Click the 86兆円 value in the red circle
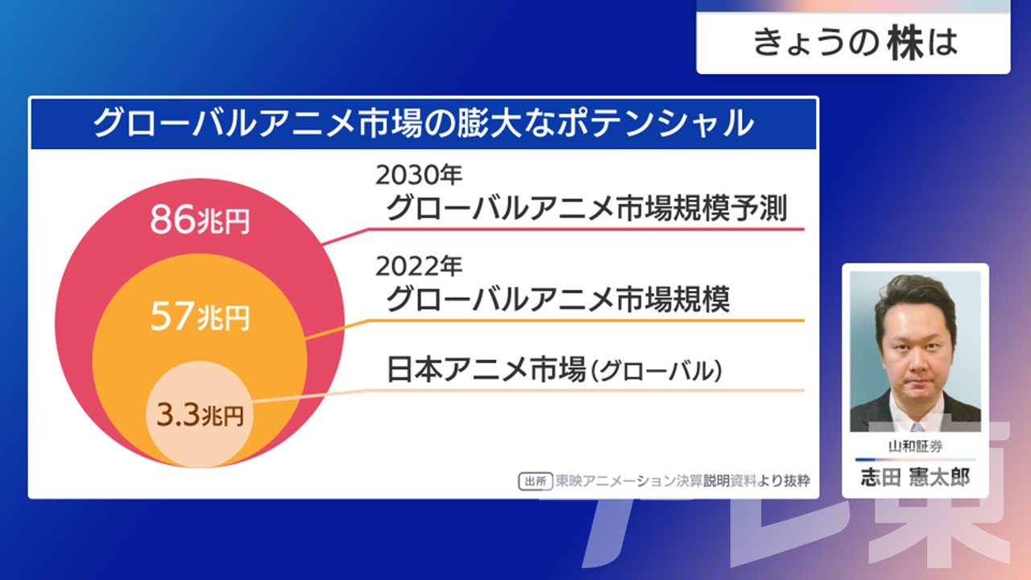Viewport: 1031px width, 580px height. (x=200, y=220)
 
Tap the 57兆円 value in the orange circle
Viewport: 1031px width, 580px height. (x=200, y=317)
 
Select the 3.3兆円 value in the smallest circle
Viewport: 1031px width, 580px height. (x=200, y=415)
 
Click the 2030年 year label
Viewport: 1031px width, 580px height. (x=418, y=175)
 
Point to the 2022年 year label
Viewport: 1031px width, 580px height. (x=418, y=266)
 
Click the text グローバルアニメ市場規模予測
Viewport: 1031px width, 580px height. (x=586, y=208)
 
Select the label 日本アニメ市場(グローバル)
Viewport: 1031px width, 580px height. (x=554, y=370)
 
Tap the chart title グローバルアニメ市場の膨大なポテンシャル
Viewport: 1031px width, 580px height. (x=424, y=123)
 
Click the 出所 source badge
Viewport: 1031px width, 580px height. (x=536, y=482)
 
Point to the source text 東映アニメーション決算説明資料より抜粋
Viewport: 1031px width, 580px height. (x=682, y=481)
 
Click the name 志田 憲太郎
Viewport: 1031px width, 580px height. (x=915, y=478)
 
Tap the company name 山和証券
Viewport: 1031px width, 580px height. (x=915, y=446)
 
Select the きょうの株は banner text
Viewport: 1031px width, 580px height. (x=855, y=43)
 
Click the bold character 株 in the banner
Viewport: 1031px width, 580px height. (x=906, y=43)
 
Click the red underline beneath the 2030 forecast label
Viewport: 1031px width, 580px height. (x=563, y=234)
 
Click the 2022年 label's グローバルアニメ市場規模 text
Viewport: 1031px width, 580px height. (x=558, y=299)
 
